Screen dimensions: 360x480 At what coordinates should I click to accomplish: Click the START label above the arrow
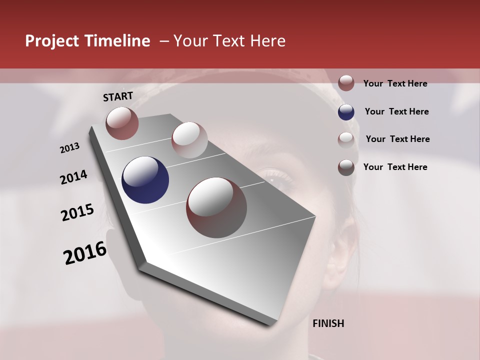click(x=118, y=96)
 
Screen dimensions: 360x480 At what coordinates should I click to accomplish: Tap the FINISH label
click(x=328, y=323)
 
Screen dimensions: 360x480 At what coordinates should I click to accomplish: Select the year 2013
click(x=70, y=148)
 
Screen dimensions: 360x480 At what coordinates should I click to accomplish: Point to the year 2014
click(x=73, y=177)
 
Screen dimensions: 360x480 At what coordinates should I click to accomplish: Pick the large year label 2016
click(x=85, y=253)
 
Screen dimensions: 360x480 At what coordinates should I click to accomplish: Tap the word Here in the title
click(x=267, y=41)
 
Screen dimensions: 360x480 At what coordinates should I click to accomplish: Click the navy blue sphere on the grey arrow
click(x=145, y=180)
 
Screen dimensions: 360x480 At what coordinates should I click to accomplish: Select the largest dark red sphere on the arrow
click(x=216, y=207)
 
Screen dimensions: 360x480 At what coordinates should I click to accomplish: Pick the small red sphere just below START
click(x=122, y=123)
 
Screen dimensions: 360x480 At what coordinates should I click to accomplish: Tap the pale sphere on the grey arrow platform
click(x=189, y=140)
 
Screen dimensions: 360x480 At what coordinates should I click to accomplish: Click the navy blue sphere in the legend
click(x=346, y=112)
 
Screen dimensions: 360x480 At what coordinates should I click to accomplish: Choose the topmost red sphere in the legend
click(x=346, y=83)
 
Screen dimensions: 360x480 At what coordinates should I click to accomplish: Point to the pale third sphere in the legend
click(x=346, y=139)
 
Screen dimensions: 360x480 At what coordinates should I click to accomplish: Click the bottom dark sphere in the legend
click(x=346, y=167)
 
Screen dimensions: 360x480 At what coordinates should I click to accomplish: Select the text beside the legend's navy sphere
click(x=396, y=111)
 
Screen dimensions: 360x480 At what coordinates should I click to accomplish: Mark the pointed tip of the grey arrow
click(x=270, y=326)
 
